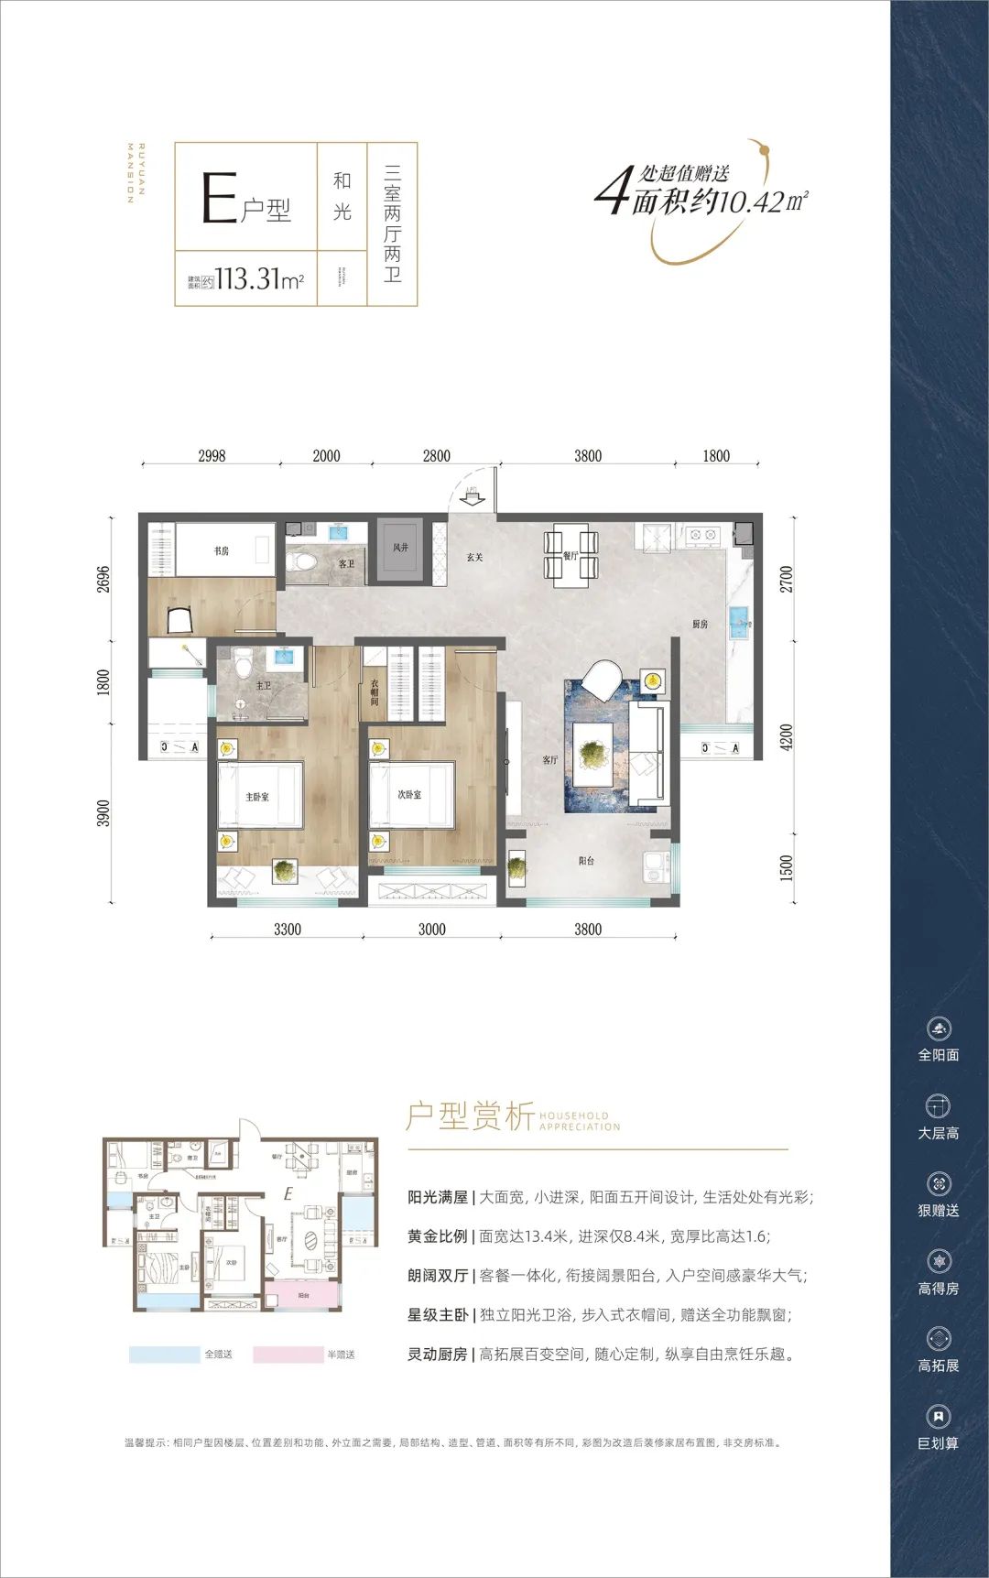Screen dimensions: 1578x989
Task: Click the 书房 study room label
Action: coord(222,550)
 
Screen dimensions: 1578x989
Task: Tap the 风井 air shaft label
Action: coord(400,548)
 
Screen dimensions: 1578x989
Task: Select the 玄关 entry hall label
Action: coord(474,557)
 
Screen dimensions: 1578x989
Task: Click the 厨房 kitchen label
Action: coord(700,624)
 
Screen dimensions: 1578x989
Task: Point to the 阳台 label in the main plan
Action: coord(587,861)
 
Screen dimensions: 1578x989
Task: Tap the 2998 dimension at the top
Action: coord(212,455)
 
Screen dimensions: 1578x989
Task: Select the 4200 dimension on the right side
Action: coord(787,738)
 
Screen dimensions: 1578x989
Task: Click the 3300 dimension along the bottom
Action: coord(287,930)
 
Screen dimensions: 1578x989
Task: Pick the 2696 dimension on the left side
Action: coord(103,579)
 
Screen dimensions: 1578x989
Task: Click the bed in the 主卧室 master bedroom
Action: coord(260,796)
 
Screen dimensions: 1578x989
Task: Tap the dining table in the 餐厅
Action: coord(571,555)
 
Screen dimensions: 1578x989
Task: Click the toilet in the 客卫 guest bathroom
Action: coord(301,560)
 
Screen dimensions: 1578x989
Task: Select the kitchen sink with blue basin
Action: coord(739,623)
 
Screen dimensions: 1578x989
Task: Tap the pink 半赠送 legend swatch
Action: coord(288,1355)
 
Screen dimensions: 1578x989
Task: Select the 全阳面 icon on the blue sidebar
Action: coord(939,1029)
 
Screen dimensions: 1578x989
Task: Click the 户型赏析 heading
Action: coord(471,1117)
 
